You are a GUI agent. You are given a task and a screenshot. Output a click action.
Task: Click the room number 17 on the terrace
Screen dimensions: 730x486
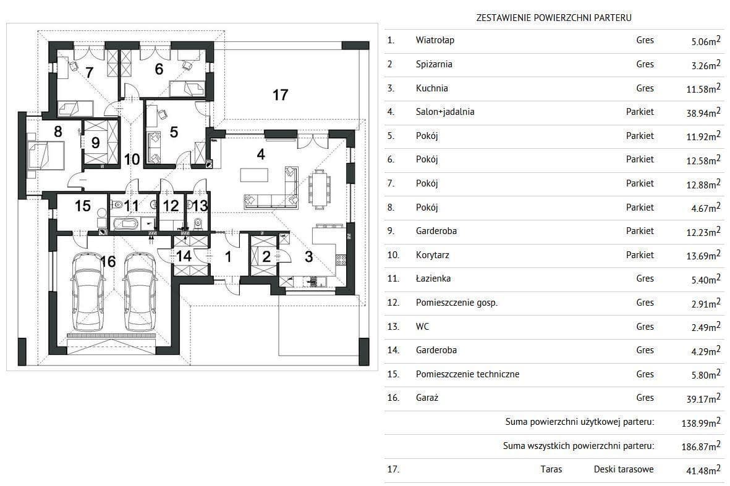coord(280,95)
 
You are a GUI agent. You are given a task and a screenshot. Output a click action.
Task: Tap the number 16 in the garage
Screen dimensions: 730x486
coord(108,261)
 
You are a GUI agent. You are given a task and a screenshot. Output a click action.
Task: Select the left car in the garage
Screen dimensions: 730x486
coord(88,291)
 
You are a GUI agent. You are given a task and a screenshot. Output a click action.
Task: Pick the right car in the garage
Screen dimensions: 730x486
coord(140,291)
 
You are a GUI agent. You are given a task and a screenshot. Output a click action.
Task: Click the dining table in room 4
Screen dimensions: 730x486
coord(320,188)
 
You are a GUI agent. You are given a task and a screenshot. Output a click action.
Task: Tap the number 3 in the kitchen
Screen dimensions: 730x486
coord(308,257)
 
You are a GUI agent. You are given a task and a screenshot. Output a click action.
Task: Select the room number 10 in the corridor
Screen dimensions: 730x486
coord(132,159)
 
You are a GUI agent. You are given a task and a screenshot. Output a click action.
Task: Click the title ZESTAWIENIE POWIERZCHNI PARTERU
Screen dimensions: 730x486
coord(554,18)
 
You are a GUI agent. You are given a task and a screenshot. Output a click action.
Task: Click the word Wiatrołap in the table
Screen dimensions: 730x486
coord(435,40)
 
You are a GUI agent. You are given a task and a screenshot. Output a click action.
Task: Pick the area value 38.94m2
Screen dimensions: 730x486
coord(703,112)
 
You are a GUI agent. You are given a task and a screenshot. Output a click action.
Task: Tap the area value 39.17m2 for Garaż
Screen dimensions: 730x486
coord(703,398)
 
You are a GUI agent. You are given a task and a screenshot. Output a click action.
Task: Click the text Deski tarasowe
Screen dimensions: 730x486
coord(624,469)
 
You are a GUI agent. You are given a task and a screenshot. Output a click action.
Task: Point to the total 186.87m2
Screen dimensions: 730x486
coord(701,446)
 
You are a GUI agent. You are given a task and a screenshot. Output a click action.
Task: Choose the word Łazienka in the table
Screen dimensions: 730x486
coord(433,278)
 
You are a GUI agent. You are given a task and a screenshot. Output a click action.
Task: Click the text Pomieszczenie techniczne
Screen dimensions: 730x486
coord(467,374)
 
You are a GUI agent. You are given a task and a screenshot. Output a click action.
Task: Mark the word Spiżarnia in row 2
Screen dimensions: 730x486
coord(434,64)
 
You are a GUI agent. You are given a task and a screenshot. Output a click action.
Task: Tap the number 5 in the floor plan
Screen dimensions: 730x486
coord(174,132)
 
